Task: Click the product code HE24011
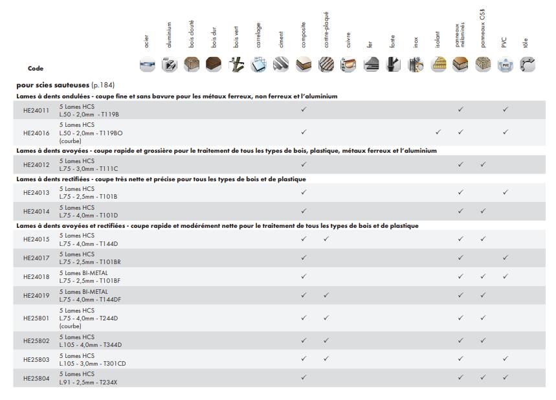(x=36, y=110)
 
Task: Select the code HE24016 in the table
(x=36, y=132)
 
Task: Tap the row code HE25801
(x=36, y=318)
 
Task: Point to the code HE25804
(x=36, y=377)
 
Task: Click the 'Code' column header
(x=36, y=69)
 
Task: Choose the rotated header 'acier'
(x=147, y=43)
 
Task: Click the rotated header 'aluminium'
(x=170, y=35)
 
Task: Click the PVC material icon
(x=504, y=65)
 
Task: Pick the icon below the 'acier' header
(x=148, y=65)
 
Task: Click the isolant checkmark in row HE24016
(x=438, y=132)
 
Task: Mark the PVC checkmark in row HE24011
(x=505, y=110)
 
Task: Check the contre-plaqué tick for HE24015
(x=326, y=239)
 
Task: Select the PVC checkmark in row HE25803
(x=505, y=359)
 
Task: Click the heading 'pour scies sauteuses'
(x=52, y=85)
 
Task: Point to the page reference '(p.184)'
(x=103, y=85)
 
